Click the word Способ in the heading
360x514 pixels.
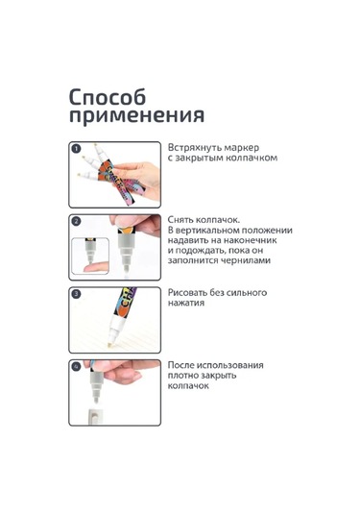(108, 97)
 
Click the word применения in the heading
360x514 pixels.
(137, 116)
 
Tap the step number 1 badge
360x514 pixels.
(76, 149)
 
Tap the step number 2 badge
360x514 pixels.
(76, 221)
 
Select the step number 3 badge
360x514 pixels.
(76, 294)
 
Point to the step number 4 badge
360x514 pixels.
(76, 366)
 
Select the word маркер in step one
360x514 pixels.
(243, 149)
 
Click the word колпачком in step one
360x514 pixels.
(252, 158)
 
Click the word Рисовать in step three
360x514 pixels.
(187, 292)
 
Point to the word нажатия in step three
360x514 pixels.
(186, 303)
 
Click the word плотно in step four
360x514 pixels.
(183, 376)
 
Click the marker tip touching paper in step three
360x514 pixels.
(109, 345)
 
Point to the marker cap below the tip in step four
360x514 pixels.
(94, 417)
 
